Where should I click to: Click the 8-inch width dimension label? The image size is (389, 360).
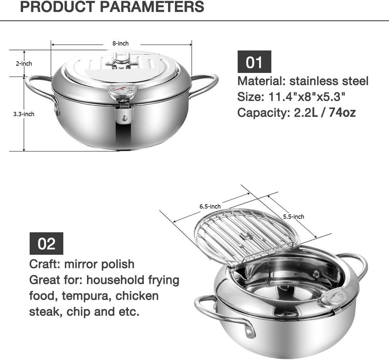click(121, 43)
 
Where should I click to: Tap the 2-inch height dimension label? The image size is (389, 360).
click(24, 64)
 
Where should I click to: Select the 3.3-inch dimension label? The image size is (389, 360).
click(24, 114)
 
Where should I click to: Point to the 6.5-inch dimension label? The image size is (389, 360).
click(210, 206)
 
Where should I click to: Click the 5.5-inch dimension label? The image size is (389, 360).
click(294, 217)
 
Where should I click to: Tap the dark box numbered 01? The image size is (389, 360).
click(254, 62)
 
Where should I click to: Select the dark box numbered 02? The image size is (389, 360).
click(46, 244)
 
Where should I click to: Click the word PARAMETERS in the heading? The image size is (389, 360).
click(152, 6)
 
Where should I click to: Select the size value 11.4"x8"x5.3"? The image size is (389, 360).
click(307, 96)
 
